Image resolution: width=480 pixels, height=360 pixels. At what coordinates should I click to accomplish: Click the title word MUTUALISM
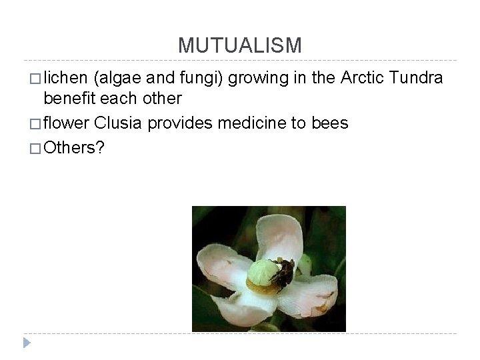[x=240, y=45]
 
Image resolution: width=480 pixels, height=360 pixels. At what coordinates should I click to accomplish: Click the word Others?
[x=73, y=147]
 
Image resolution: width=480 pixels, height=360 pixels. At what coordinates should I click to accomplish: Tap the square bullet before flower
[x=35, y=124]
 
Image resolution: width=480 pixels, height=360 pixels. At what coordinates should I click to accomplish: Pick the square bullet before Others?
[x=35, y=149]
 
